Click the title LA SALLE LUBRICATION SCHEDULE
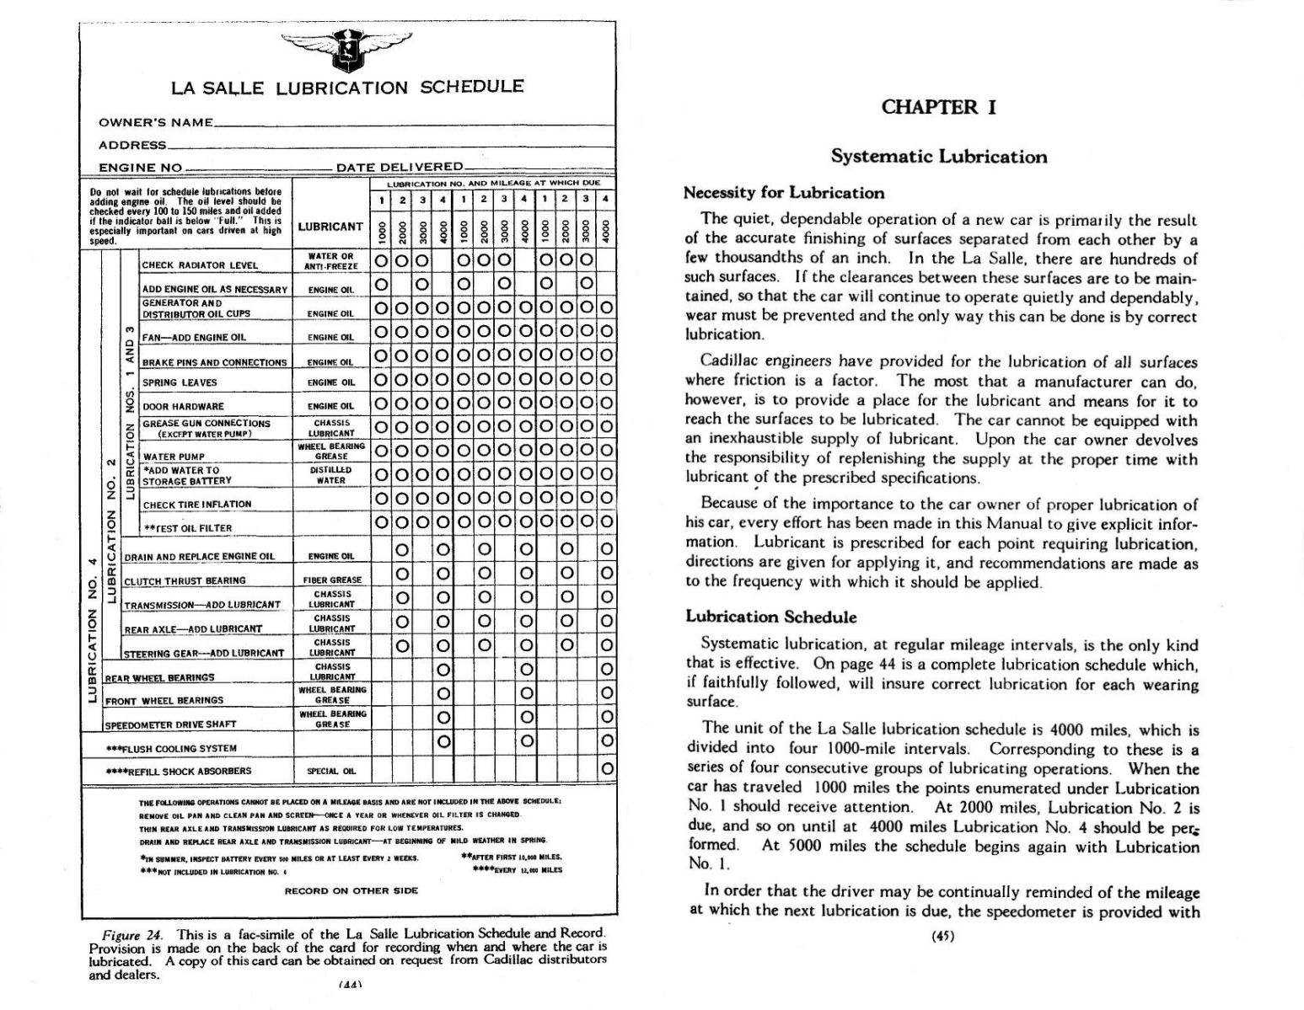[347, 88]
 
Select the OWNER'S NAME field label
[156, 123]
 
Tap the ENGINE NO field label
[140, 168]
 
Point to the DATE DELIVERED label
[400, 168]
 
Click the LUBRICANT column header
[330, 227]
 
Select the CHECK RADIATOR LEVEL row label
[200, 265]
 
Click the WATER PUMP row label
[174, 457]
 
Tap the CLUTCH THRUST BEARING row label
[185, 580]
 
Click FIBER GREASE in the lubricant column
[331, 580]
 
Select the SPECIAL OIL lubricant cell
[331, 771]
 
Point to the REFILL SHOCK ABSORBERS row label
[179, 771]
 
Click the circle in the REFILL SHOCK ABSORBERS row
[607, 768]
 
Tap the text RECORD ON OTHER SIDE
[351, 890]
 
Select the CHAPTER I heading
[938, 107]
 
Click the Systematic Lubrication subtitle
[939, 157]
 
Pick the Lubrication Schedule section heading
[770, 617]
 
